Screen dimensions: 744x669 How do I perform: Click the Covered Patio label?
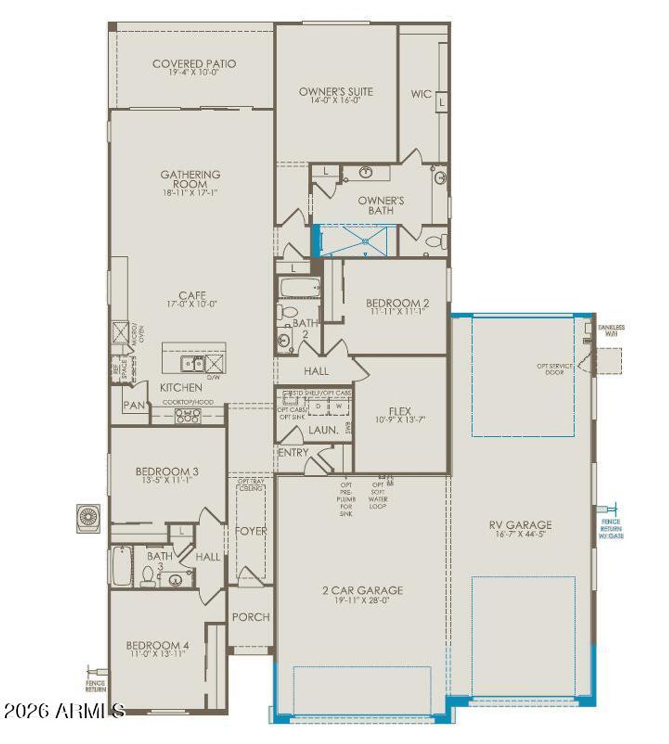pyautogui.click(x=194, y=64)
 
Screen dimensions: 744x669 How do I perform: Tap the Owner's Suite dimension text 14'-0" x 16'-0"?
pyautogui.click(x=336, y=100)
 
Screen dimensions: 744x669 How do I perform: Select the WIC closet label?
pyautogui.click(x=421, y=94)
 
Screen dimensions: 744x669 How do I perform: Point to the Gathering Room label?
pyautogui.click(x=190, y=179)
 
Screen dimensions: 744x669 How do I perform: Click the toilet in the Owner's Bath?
pyautogui.click(x=437, y=241)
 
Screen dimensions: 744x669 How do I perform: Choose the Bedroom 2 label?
pyautogui.click(x=397, y=303)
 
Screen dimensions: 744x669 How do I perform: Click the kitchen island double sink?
pyautogui.click(x=192, y=363)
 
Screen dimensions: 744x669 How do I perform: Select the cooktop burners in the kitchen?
pyautogui.click(x=187, y=415)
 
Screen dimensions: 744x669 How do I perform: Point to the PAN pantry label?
pyautogui.click(x=134, y=405)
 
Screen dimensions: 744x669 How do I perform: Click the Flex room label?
pyautogui.click(x=400, y=411)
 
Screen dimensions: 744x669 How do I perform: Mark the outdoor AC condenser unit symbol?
pyautogui.click(x=88, y=518)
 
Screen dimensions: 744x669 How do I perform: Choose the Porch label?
pyautogui.click(x=251, y=617)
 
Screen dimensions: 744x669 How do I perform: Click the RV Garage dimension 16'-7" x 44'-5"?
pyautogui.click(x=520, y=534)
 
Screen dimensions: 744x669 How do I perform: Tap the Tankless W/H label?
pyautogui.click(x=611, y=330)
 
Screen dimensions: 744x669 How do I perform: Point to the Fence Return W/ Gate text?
pyautogui.click(x=610, y=529)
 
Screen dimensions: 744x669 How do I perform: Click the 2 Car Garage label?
pyautogui.click(x=362, y=590)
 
